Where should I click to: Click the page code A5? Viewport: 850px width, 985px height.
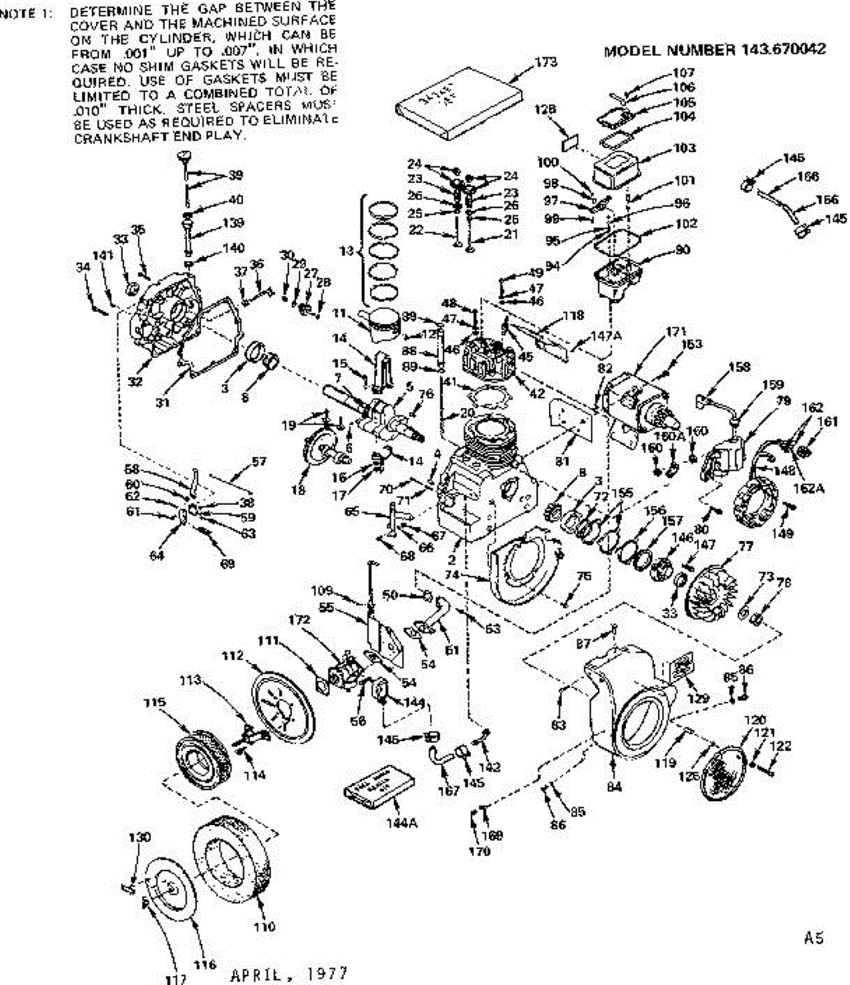pyautogui.click(x=814, y=937)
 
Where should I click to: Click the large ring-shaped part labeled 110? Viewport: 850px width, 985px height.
pyautogui.click(x=231, y=860)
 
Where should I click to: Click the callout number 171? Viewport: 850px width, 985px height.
pyautogui.click(x=675, y=331)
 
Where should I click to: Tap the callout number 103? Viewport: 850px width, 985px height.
pyautogui.click(x=685, y=148)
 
